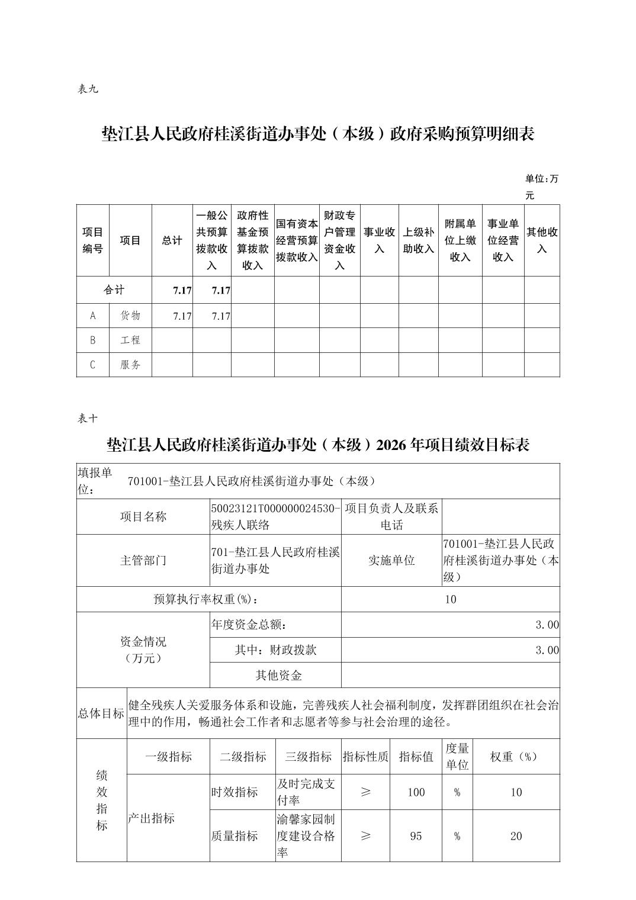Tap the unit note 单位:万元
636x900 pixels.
point(541,187)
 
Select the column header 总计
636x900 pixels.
point(172,240)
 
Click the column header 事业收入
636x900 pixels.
point(379,240)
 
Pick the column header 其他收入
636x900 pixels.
point(542,240)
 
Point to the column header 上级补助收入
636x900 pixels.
point(419,240)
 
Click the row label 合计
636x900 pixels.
point(114,290)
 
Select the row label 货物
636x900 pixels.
point(130,316)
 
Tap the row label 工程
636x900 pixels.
point(130,340)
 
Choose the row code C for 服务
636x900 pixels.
point(92,365)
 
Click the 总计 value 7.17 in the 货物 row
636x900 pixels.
point(182,316)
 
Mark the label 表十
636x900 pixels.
point(87,418)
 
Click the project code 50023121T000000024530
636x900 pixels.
point(275,509)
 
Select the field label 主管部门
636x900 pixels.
point(143,560)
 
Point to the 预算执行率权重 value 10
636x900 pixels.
point(451,599)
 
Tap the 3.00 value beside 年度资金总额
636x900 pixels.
point(547,625)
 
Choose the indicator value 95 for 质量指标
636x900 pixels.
point(416,835)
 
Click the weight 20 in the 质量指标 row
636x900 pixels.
point(516,835)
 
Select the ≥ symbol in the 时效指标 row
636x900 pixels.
point(365,792)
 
